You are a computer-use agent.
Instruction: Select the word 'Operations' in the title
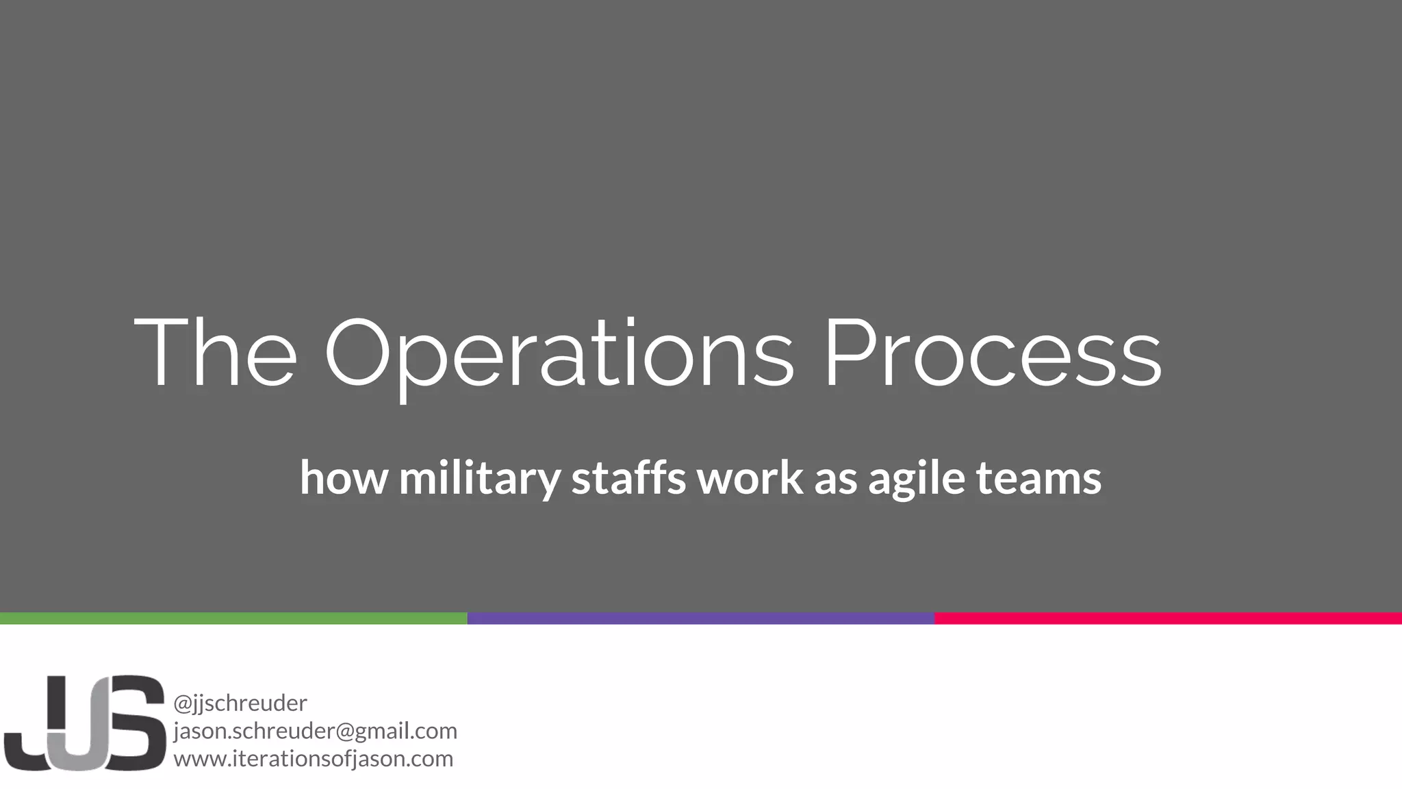558,356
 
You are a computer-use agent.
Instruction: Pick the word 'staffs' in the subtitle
628,477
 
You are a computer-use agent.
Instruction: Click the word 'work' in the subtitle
750,477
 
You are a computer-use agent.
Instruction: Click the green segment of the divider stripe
233,618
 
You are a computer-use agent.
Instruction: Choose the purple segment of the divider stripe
700,618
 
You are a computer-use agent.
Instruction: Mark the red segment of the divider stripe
1168,618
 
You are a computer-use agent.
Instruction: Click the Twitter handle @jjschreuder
240,703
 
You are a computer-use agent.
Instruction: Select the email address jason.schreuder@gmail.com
315,731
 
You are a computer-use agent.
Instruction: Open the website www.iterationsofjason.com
313,759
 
